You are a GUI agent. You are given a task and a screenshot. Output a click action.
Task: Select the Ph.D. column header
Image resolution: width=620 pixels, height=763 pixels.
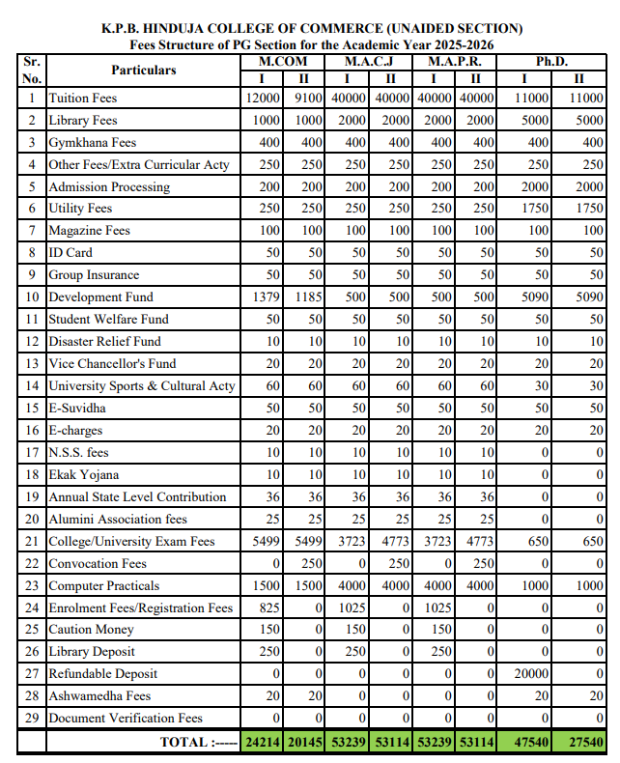click(x=551, y=61)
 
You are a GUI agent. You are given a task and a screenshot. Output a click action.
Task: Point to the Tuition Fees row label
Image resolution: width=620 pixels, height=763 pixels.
click(x=83, y=99)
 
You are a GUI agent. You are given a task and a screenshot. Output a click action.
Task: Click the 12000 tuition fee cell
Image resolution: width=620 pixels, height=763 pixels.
click(x=263, y=99)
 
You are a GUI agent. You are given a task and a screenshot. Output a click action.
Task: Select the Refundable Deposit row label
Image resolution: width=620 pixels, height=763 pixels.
click(x=102, y=674)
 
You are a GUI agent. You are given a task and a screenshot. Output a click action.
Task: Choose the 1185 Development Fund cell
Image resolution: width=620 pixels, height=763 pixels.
click(x=308, y=297)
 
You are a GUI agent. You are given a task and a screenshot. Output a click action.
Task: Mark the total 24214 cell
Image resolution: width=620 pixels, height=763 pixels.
click(x=262, y=742)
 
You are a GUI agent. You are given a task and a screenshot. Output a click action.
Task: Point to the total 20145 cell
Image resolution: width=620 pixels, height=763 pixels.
click(x=305, y=742)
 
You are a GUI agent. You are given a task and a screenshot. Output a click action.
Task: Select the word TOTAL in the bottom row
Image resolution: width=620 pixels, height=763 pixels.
click(x=184, y=742)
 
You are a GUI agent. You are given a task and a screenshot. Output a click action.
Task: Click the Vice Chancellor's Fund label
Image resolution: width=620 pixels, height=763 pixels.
click(x=112, y=364)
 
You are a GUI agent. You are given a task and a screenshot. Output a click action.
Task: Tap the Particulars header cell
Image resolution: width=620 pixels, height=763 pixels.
click(x=143, y=70)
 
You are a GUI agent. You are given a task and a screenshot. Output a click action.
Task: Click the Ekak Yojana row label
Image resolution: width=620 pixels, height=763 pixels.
click(x=84, y=475)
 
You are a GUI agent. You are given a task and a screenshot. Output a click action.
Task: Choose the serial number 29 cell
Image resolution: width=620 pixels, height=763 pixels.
click(x=32, y=719)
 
